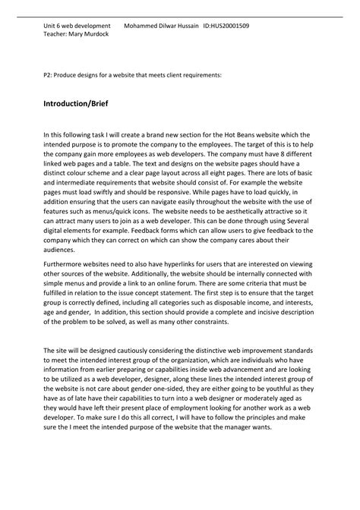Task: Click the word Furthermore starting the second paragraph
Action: click(66, 289)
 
